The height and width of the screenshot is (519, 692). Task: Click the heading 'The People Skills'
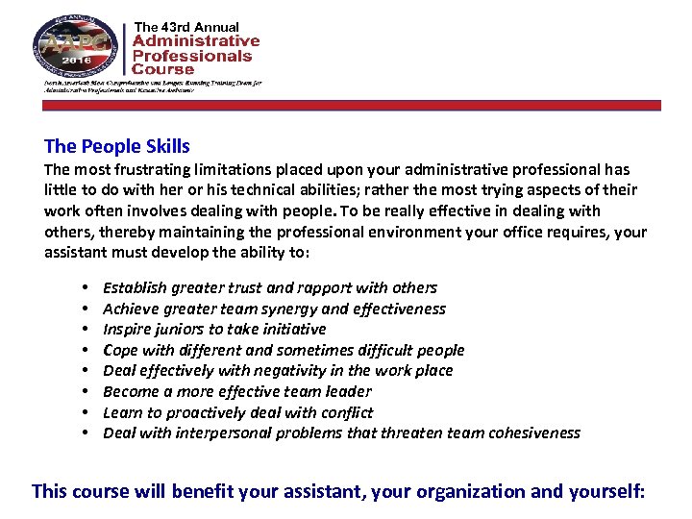[116, 147]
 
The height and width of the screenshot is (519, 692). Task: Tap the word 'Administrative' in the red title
[195, 40]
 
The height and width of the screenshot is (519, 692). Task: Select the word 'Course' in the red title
[162, 68]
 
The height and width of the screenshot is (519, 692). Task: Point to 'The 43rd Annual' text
[186, 26]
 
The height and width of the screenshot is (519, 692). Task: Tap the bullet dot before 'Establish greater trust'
[86, 287]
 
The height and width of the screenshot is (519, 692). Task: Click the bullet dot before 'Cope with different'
[86, 350]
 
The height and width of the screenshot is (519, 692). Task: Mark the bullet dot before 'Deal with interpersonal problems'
[86, 432]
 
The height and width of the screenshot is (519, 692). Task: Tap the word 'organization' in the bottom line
[450, 492]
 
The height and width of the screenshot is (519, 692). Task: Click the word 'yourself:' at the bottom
[605, 492]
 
